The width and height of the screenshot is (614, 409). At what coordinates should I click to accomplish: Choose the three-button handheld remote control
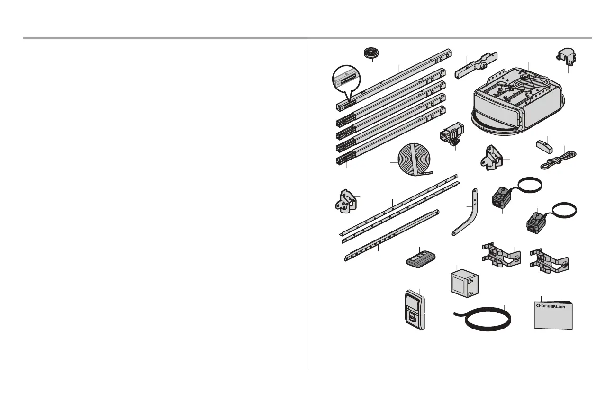(421, 258)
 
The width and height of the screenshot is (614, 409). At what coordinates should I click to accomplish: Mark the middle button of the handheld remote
(420, 256)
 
